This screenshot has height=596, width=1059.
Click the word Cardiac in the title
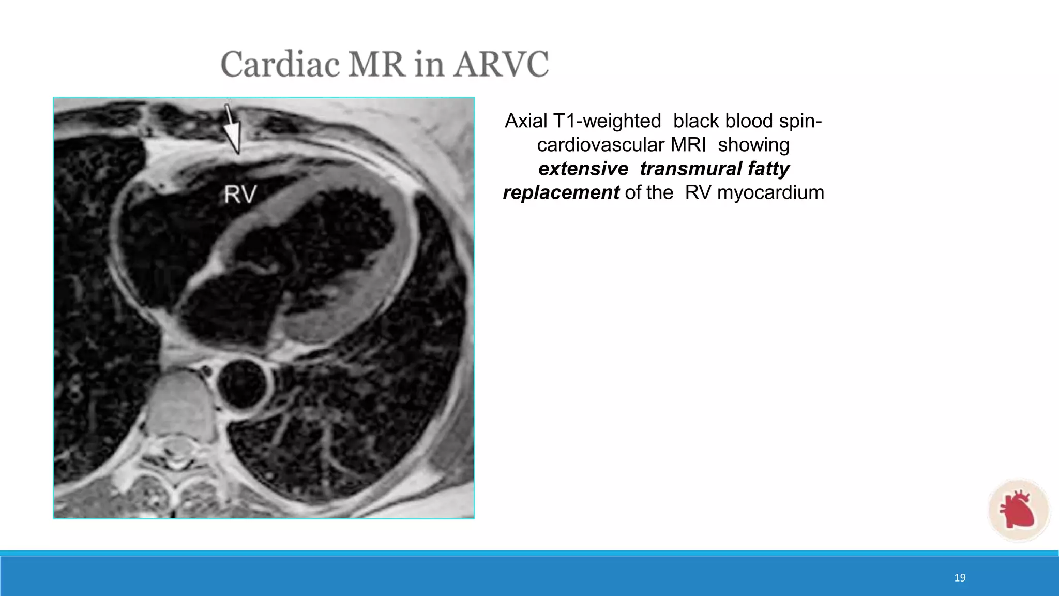click(280, 65)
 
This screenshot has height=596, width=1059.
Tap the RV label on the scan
click(240, 195)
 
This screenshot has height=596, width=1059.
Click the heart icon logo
click(1018, 510)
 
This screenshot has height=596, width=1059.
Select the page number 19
click(960, 578)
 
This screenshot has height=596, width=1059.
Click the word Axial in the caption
click(525, 121)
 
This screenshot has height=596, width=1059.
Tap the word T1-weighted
click(607, 121)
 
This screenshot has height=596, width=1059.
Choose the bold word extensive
click(583, 169)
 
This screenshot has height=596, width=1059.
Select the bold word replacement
click(561, 192)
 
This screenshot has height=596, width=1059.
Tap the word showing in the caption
click(753, 145)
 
